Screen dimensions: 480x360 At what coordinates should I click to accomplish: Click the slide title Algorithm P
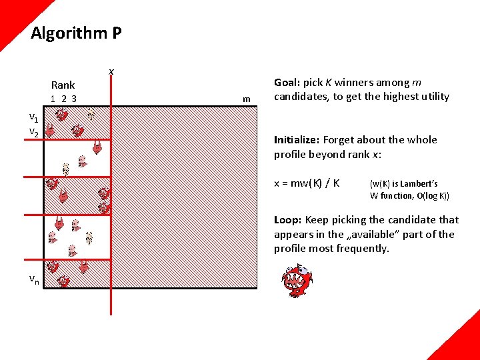[76, 33]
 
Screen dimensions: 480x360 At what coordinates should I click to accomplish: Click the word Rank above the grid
[63, 85]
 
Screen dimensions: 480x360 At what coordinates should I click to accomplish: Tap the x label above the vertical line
[111, 71]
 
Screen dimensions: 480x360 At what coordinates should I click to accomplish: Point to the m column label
[246, 99]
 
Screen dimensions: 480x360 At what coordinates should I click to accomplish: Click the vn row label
[33, 279]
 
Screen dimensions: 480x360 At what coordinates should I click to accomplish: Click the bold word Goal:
[287, 83]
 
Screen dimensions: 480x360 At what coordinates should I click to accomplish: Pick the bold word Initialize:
[297, 140]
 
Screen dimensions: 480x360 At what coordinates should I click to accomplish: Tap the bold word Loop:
[287, 220]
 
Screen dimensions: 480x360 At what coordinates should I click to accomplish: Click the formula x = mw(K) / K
[307, 183]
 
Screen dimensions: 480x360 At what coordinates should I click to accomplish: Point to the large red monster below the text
[297, 281]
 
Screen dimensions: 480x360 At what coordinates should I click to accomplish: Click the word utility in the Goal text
[432, 97]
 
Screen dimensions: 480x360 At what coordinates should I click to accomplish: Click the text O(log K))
[430, 196]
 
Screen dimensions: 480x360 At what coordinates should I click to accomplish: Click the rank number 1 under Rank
[53, 99]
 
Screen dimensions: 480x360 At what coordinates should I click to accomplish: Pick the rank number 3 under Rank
[74, 99]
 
